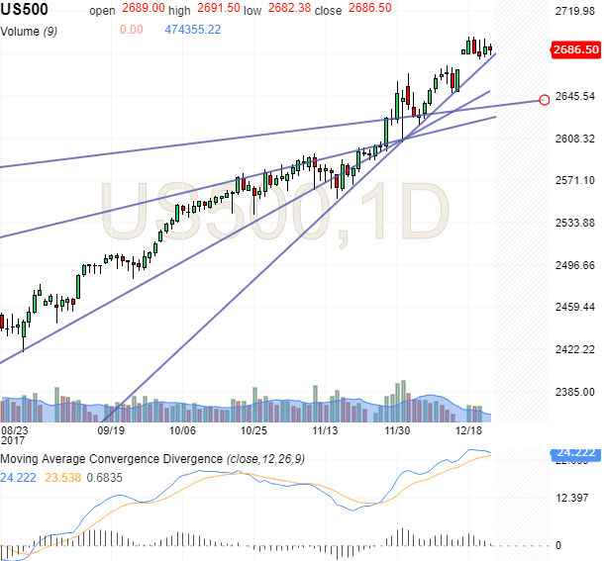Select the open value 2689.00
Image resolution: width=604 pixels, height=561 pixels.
click(x=140, y=11)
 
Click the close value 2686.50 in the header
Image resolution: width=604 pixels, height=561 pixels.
click(x=367, y=11)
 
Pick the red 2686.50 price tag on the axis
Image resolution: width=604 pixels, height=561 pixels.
click(x=575, y=48)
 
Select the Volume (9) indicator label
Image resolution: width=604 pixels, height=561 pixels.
click(x=35, y=30)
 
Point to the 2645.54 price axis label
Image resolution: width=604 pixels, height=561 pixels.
click(x=574, y=96)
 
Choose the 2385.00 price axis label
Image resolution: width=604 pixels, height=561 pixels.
click(x=574, y=392)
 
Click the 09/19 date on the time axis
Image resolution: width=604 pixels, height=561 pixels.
click(x=111, y=431)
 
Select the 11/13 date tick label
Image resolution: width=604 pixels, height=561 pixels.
click(x=326, y=431)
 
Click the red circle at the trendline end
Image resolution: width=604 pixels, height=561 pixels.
click(x=544, y=99)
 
